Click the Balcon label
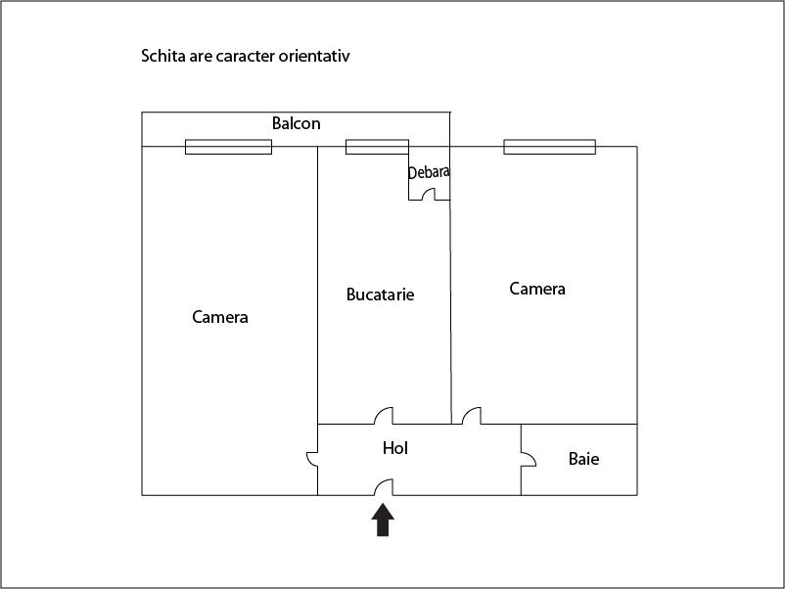[296, 123]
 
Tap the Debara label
[429, 172]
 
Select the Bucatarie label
[380, 294]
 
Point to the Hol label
[395, 448]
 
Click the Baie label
[583, 459]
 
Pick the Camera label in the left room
[220, 317]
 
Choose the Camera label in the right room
[537, 289]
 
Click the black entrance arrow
[383, 520]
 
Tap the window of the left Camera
[228, 147]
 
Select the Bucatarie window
[377, 147]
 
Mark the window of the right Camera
[550, 147]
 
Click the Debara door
[428, 194]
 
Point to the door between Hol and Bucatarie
[384, 416]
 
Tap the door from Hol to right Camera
[471, 416]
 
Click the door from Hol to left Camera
[312, 459]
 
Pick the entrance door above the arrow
[384, 487]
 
